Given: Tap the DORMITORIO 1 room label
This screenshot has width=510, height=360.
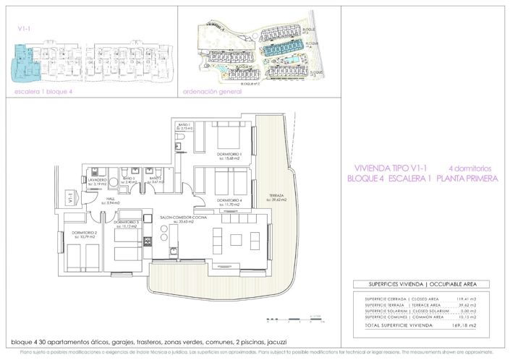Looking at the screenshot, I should tap(230, 154).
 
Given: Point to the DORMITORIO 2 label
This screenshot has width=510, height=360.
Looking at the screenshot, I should tap(84, 232).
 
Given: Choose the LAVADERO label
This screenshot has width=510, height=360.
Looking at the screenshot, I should tap(100, 180).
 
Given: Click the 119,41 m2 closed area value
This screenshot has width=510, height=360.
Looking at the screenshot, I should tap(462, 298).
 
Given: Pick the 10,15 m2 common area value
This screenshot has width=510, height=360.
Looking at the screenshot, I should tap(462, 316).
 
